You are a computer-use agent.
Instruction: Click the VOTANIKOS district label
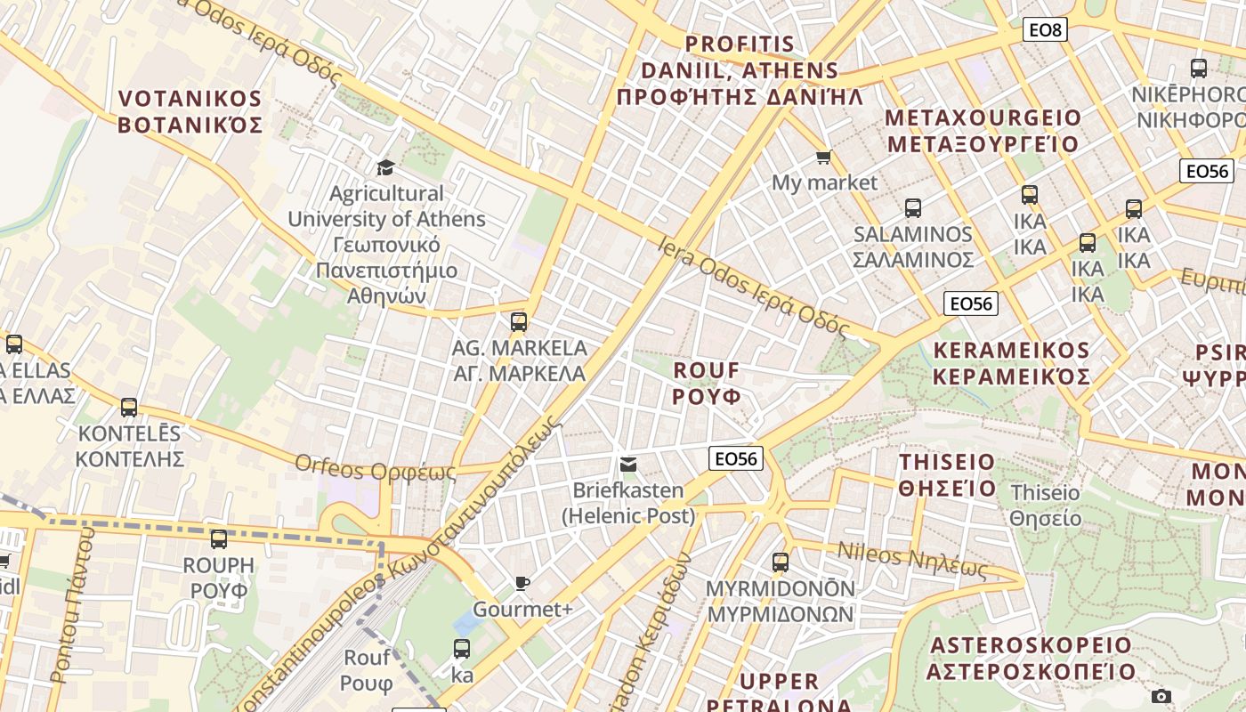(190, 111)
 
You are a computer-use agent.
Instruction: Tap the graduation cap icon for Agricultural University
(385, 167)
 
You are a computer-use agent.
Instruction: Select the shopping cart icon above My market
(824, 158)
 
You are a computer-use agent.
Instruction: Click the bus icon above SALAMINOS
(913, 208)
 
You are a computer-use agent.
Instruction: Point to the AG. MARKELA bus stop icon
(519, 322)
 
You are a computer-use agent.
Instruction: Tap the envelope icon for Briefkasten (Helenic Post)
(628, 464)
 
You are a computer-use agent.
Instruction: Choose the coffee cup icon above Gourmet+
(522, 584)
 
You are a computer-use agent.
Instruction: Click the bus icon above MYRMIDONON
(781, 562)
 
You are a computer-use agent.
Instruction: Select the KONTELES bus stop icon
(129, 408)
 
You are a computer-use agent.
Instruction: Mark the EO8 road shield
(1044, 30)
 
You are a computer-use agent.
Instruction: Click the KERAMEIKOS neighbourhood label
(1011, 363)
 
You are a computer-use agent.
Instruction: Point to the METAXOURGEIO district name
(983, 131)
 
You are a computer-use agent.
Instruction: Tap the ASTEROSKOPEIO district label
(1031, 658)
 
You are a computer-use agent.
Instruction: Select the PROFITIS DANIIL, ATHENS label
(740, 70)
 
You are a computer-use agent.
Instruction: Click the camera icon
(1161, 696)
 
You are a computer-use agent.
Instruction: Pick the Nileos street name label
(912, 562)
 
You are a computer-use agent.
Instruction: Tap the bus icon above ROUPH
(219, 538)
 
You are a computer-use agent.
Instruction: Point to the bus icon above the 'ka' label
(462, 649)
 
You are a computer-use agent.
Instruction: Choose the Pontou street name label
(73, 605)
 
